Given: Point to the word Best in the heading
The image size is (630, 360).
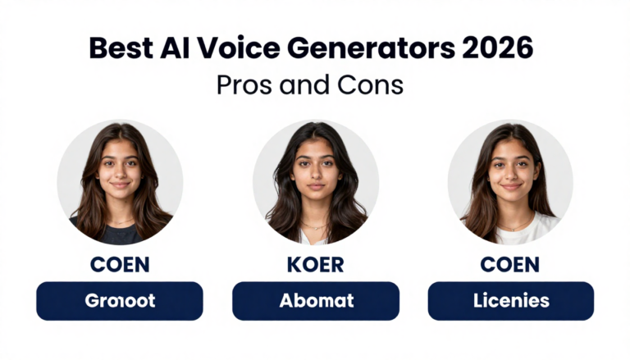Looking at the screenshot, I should pos(119,48).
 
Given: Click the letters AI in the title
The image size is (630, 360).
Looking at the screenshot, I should pos(167,48).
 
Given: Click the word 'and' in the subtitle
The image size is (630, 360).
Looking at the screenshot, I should pos(308,84).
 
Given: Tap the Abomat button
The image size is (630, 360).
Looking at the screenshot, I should pos(315,301).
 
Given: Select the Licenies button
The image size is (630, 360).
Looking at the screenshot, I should pos(510,301).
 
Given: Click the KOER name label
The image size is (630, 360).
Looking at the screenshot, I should pos(315,265).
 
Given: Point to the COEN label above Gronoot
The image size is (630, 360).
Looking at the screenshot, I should pos(120,265).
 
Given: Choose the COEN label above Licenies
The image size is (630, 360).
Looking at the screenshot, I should pos(510,265).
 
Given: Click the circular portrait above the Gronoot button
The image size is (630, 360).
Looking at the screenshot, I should pos(120,182).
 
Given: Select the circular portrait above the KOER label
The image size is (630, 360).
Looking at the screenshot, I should pos(315,182).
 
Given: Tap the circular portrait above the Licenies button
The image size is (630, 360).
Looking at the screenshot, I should pos(510,182).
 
